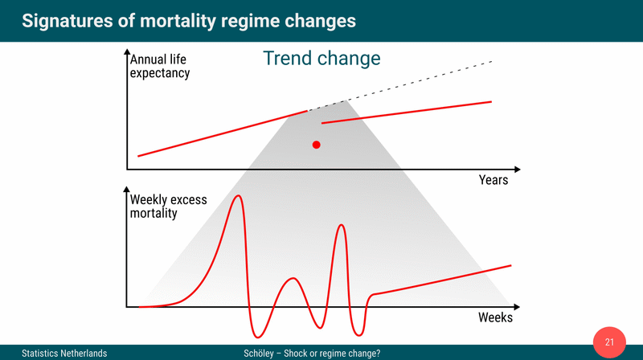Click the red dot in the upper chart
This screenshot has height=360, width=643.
pyautogui.click(x=317, y=145)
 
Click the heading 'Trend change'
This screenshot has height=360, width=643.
pyautogui.click(x=321, y=59)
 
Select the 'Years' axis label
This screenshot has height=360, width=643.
pyautogui.click(x=494, y=180)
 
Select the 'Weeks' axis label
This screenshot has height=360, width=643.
pyautogui.click(x=495, y=317)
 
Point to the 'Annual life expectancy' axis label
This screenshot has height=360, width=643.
pyautogui.click(x=160, y=66)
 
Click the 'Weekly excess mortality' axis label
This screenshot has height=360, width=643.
pyautogui.click(x=166, y=206)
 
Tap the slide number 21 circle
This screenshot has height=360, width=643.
pyautogui.click(x=609, y=343)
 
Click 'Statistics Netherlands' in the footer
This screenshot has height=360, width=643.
pyautogui.click(x=64, y=353)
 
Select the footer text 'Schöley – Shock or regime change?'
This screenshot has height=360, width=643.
pyautogui.click(x=312, y=353)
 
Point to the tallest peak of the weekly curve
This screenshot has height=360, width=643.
pyautogui.click(x=237, y=196)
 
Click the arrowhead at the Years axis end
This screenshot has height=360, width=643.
pyautogui.click(x=517, y=170)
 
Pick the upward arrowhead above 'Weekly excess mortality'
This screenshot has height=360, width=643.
pyautogui.click(x=127, y=193)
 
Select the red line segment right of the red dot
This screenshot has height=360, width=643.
pyautogui.click(x=406, y=112)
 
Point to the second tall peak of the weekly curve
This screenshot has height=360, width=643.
pyautogui.click(x=342, y=226)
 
